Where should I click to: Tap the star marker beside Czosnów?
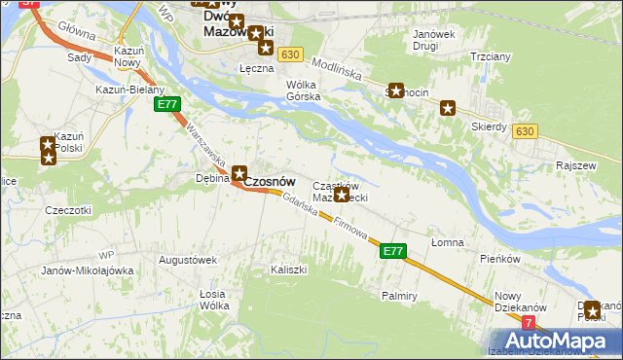[238, 173]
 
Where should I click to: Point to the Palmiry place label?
[400, 294]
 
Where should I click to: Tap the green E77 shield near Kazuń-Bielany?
[167, 104]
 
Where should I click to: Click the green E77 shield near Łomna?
[392, 251]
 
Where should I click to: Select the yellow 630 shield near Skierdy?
[525, 130]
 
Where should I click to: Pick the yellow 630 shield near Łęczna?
[288, 54]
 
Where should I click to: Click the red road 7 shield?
[529, 322]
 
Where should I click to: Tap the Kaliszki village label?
[289, 268]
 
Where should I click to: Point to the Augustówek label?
[187, 260]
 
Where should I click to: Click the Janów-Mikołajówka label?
[87, 270]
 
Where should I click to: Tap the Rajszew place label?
[575, 165]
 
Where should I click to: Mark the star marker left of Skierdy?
[448, 108]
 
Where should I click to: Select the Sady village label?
[80, 57]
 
